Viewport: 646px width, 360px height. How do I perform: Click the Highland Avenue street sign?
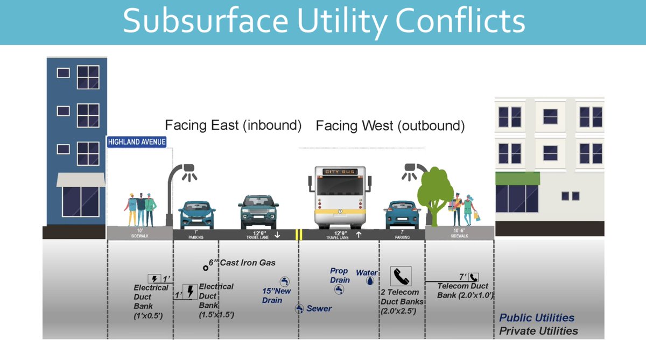tap(136, 142)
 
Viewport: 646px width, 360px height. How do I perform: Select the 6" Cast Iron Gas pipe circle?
tap(205, 267)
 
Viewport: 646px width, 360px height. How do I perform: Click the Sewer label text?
tap(319, 308)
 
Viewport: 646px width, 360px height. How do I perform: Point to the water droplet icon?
tap(370, 281)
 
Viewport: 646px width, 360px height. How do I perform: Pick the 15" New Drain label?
tap(276, 295)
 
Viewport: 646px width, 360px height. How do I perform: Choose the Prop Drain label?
tap(339, 276)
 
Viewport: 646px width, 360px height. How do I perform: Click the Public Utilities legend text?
tap(536, 317)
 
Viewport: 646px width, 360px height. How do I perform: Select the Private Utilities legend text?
tap(538, 331)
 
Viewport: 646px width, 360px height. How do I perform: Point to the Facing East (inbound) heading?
tap(233, 125)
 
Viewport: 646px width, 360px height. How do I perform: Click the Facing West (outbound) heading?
tap(390, 126)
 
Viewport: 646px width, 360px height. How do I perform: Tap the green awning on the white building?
tap(517, 178)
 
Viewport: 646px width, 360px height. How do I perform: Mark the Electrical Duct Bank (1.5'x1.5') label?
tap(215, 300)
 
